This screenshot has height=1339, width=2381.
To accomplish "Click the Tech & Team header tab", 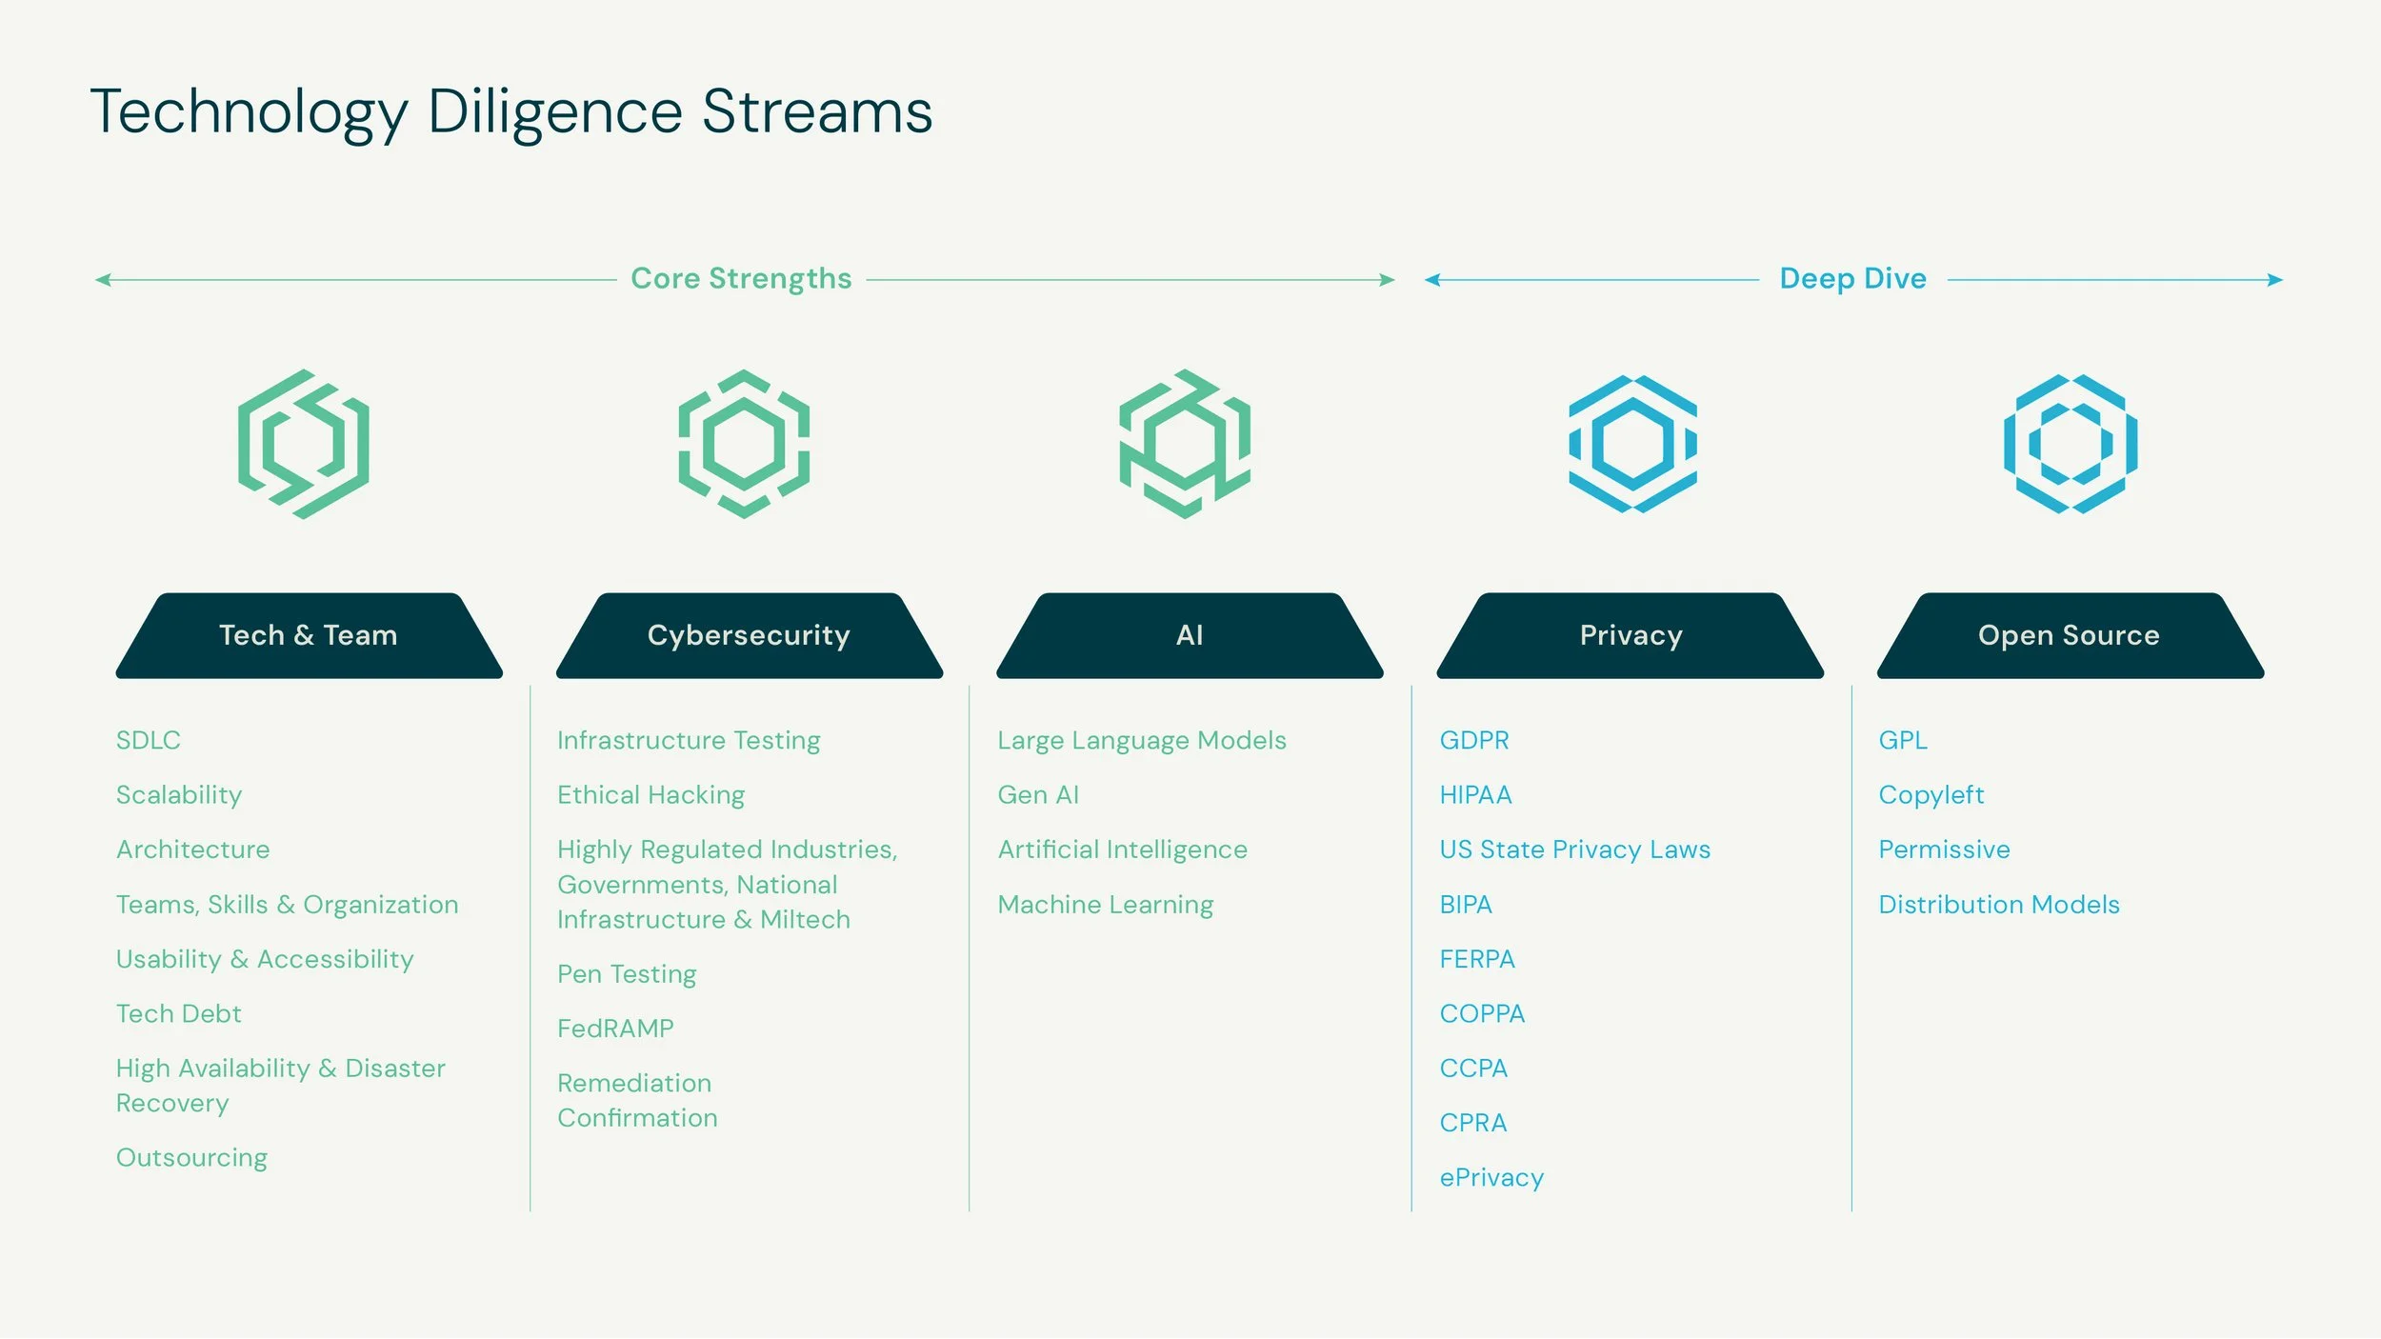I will point(309,635).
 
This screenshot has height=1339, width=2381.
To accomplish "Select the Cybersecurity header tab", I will point(749,635).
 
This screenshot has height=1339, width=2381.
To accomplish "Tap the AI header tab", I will point(1190,635).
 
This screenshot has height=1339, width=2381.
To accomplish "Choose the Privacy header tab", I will point(1631,635).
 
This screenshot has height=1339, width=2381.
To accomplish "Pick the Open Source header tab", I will point(2069,635).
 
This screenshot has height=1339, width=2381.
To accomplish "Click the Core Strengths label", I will point(741,278).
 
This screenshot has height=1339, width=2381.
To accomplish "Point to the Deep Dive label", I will point(1852,278).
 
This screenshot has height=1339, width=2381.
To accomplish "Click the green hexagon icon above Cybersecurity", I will point(744,444).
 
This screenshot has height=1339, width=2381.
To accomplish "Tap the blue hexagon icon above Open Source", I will point(2071,444).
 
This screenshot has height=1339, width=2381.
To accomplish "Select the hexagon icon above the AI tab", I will point(1185,444).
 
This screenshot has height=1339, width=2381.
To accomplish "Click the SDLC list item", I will point(149,740).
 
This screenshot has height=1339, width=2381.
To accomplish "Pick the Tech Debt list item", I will point(179,1013).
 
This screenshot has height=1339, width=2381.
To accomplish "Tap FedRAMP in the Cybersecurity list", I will point(615,1029).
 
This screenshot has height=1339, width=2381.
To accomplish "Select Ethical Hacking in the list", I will point(650,795).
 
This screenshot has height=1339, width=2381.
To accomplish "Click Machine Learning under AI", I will point(1106,905).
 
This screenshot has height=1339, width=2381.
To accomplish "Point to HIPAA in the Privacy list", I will point(1475,795).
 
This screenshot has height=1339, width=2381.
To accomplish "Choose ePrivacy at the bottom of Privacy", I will point(1491,1178).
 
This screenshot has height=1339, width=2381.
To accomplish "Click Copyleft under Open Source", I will point(1931,795).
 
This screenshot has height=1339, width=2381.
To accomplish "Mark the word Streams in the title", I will point(817,112).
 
